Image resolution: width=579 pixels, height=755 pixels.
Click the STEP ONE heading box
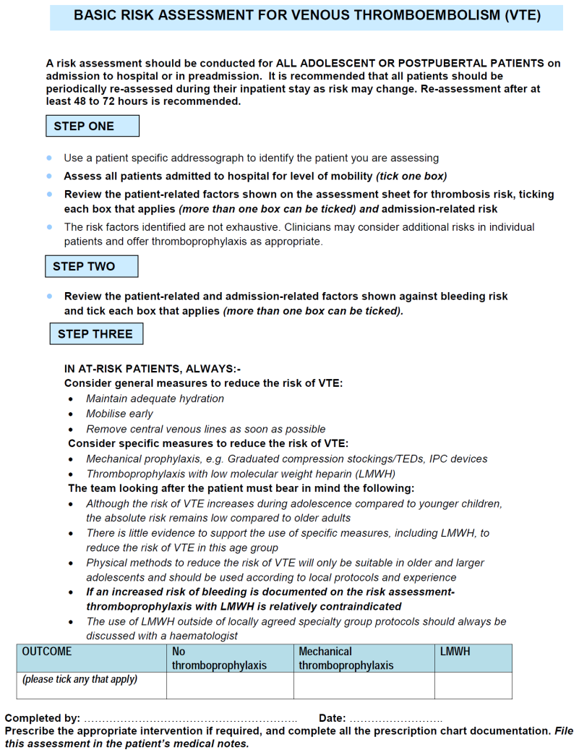(93, 126)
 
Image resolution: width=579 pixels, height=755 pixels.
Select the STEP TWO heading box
(92, 266)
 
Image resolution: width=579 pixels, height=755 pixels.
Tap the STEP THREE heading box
(95, 333)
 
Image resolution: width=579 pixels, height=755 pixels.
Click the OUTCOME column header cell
(91, 658)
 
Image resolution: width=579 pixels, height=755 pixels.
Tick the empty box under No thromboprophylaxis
(229, 686)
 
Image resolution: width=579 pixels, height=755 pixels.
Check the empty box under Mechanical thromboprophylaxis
(364, 686)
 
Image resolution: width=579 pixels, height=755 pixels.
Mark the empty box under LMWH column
(473, 686)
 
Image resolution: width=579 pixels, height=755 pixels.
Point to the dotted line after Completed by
(190, 720)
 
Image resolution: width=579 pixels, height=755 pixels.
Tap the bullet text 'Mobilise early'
(119, 414)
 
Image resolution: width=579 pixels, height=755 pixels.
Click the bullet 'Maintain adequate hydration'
(155, 398)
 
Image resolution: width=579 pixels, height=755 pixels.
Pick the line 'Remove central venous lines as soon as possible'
(205, 429)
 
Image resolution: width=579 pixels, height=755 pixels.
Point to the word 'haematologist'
(205, 636)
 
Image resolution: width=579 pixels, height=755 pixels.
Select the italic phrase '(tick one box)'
(411, 176)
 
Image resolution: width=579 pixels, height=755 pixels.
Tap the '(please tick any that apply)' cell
(80, 680)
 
